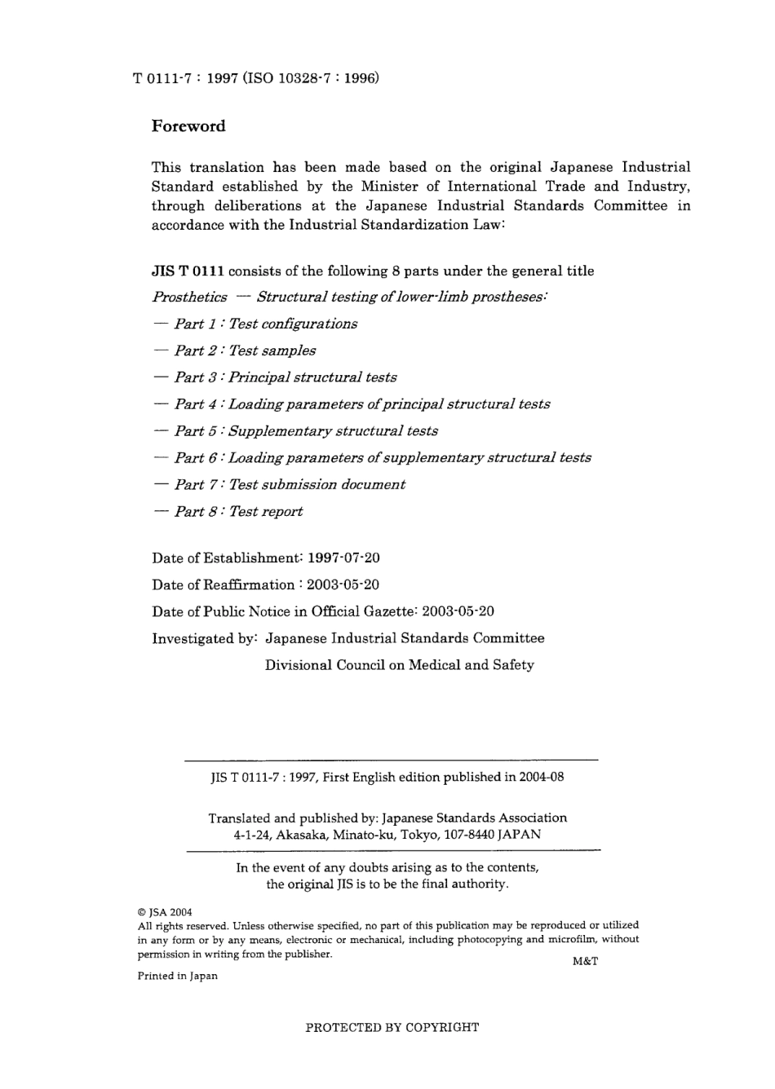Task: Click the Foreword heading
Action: click(188, 126)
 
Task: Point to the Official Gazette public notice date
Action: click(458, 612)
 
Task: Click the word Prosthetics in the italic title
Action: click(189, 298)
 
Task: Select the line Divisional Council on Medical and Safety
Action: click(400, 665)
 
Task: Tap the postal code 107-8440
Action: click(461, 835)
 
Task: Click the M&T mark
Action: click(585, 961)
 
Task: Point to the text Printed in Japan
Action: click(177, 976)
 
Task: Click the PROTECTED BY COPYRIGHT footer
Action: click(392, 1028)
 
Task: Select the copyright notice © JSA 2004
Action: click(165, 912)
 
